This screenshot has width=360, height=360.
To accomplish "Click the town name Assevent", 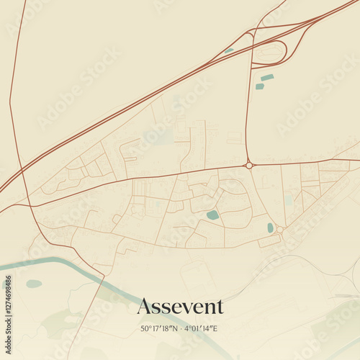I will (180, 307).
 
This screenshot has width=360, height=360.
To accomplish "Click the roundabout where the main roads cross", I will (249, 165).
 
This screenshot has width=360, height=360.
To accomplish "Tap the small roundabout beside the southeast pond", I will (280, 230).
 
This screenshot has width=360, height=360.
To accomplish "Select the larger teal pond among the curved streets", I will (212, 215).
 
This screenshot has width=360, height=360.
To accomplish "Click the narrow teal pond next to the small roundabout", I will (271, 228).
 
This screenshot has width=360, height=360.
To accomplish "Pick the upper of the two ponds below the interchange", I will (267, 77).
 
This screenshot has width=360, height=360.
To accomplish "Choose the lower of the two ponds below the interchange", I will (259, 86).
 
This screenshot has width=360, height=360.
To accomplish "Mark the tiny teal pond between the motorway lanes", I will (229, 50).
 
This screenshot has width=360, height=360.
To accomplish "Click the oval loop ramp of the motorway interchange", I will (271, 52).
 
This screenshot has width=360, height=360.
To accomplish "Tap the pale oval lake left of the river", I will (34, 284).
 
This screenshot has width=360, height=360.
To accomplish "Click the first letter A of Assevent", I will (144, 307).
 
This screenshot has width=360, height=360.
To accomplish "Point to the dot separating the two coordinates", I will (180, 329).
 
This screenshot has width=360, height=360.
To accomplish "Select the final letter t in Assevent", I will (220, 307).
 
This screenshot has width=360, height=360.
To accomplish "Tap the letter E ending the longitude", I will (217, 329).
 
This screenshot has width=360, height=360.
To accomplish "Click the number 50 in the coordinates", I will (145, 329).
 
